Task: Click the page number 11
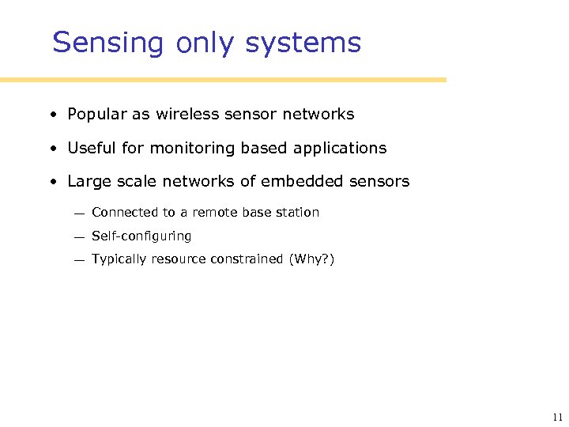click(x=558, y=418)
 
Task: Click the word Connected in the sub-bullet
click(x=126, y=212)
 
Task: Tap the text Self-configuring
click(x=141, y=236)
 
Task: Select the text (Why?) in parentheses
click(x=311, y=259)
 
